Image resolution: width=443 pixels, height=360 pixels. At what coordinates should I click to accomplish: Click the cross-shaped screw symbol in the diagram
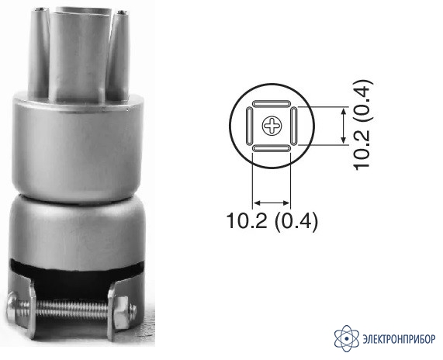click(x=272, y=126)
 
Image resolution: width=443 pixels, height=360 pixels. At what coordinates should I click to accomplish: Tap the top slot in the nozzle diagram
click(x=272, y=103)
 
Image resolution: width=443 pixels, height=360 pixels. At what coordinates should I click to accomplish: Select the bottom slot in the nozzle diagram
click(x=272, y=148)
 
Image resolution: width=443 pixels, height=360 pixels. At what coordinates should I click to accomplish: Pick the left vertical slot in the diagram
click(x=249, y=126)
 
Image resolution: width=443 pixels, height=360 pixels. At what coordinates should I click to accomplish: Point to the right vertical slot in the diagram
click(x=294, y=126)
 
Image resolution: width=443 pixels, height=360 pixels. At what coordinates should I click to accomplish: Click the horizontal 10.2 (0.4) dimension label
click(x=272, y=220)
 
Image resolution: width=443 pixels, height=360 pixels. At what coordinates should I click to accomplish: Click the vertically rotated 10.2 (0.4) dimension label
click(x=363, y=125)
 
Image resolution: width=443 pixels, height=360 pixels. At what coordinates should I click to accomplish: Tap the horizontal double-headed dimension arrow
click(x=272, y=202)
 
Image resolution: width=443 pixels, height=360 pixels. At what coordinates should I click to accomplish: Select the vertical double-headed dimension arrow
click(x=343, y=126)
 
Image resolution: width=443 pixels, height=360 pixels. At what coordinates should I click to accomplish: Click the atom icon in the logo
click(x=346, y=338)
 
